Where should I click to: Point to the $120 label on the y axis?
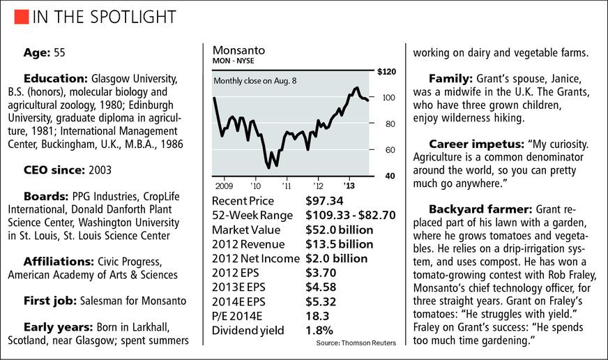386,73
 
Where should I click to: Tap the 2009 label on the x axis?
225,186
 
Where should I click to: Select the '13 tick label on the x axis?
350,186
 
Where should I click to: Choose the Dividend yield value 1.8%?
319,330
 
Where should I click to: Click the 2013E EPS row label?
241,287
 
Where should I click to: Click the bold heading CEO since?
56,168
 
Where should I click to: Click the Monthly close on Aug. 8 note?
255,82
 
